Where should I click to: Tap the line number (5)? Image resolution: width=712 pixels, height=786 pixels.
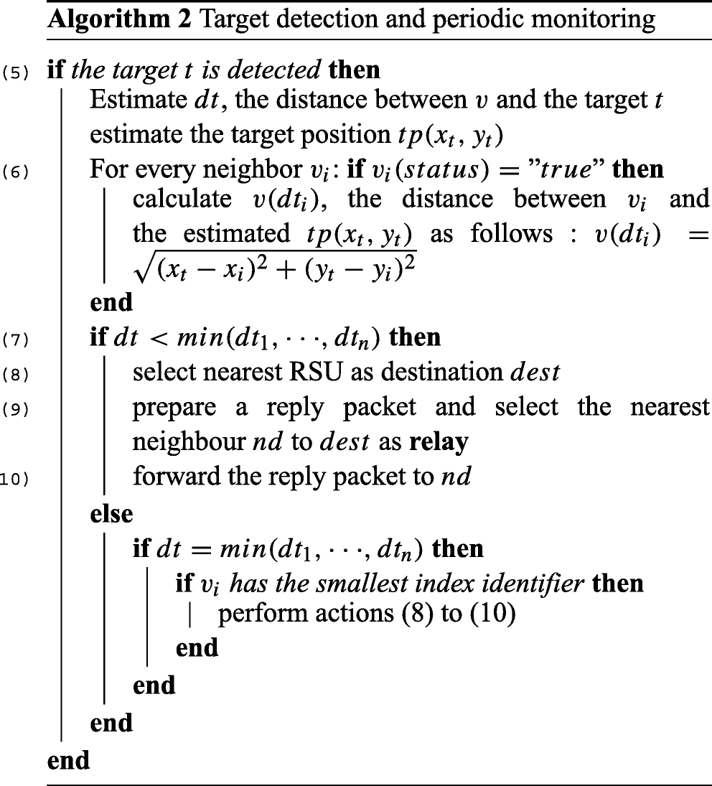coord(15,72)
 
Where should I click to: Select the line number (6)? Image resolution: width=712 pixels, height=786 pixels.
coord(15,172)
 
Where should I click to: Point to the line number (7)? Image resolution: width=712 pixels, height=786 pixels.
coord(15,339)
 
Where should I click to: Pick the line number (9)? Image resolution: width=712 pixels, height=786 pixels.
coord(15,408)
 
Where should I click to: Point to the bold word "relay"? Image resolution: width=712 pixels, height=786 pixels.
coord(439,441)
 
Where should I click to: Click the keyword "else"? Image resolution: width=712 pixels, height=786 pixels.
coord(111,513)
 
